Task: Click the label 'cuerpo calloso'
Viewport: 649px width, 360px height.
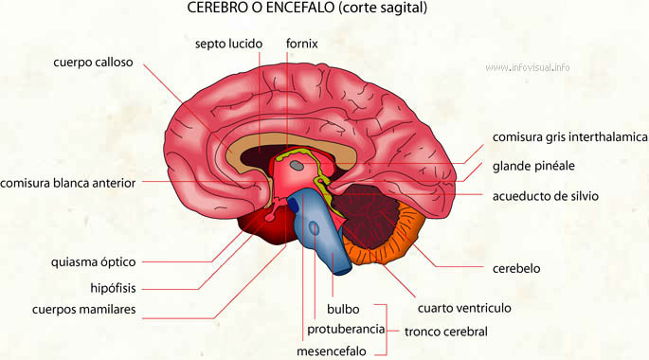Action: point(93,63)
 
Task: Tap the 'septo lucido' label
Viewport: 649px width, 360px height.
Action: point(227,44)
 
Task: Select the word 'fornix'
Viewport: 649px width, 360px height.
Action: point(301,44)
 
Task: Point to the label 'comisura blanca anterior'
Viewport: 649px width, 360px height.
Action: point(68,183)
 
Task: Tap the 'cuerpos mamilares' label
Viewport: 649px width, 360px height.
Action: point(83,310)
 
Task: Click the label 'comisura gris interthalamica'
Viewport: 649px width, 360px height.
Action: point(568,137)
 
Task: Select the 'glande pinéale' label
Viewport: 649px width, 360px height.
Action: point(532,166)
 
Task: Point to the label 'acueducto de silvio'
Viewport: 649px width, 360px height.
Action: point(545,196)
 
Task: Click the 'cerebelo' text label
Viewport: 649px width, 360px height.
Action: point(515,268)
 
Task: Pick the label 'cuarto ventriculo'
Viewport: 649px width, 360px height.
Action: point(464,309)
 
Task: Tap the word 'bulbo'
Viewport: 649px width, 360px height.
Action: point(343,310)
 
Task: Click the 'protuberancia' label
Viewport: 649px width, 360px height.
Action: point(346,329)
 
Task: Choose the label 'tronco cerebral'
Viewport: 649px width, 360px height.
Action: point(445,332)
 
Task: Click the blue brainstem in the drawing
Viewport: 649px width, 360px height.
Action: point(321,232)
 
